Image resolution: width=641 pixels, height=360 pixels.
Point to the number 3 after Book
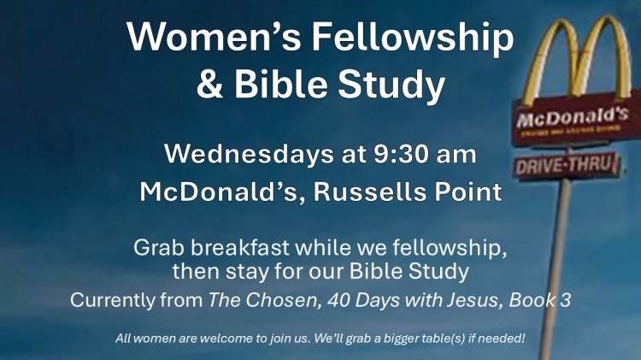[x=565, y=300]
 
